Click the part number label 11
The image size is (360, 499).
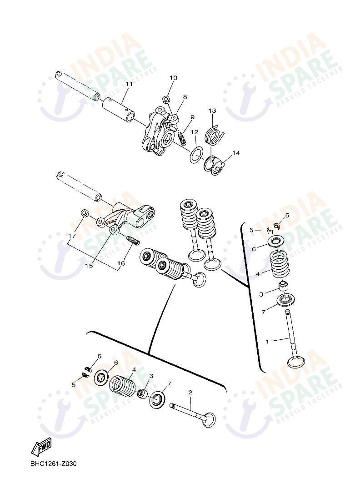coord(129,84)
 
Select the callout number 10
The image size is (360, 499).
coord(173,78)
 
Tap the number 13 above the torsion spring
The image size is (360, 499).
coord(212,111)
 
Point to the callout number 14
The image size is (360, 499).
coord(235,153)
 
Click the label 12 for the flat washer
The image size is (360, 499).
coord(195,132)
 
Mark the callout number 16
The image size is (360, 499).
coord(121,263)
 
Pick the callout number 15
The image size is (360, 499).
coord(89,266)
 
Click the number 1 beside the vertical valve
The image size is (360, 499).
coord(267,341)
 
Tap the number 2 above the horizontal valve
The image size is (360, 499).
coord(190,392)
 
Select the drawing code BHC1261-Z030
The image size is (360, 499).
coord(54,464)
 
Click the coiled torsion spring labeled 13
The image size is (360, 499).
coord(215,135)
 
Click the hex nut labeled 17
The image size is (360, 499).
coord(84,213)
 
